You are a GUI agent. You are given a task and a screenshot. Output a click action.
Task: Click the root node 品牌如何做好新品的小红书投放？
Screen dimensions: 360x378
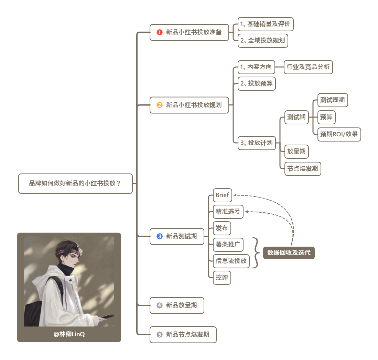[x=75, y=183]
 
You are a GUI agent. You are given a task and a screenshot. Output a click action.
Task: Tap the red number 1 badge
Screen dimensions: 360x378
[x=159, y=33]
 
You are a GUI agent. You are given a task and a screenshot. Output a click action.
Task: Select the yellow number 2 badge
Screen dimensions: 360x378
[x=159, y=105]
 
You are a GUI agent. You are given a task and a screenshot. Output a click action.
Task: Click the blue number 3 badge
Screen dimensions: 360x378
[x=159, y=236]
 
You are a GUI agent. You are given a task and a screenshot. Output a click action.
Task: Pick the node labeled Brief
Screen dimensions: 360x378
[x=222, y=195]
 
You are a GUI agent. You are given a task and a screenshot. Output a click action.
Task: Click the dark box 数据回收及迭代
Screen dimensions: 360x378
[x=289, y=253]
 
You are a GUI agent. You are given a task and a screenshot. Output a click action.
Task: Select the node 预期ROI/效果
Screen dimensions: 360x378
[x=339, y=134]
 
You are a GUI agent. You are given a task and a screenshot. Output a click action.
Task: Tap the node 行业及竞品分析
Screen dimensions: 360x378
[x=308, y=67]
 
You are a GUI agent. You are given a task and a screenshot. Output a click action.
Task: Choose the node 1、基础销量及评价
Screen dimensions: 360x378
[x=266, y=24]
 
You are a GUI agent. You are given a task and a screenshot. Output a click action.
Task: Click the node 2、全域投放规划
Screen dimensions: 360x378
[x=263, y=41]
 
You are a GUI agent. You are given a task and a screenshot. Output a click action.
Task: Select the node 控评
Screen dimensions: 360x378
[x=222, y=278]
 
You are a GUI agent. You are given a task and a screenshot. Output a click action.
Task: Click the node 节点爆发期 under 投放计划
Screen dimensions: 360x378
[x=303, y=169]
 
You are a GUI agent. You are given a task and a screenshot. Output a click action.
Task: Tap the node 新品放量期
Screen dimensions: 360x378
[x=177, y=305]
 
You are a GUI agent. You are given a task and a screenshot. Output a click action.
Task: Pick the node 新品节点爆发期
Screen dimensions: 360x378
[x=183, y=335]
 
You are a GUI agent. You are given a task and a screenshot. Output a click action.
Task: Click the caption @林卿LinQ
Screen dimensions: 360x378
[x=69, y=334]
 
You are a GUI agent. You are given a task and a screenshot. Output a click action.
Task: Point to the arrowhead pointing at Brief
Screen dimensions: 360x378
[x=235, y=195]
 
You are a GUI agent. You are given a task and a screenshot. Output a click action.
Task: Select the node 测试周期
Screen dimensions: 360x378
[x=332, y=100]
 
